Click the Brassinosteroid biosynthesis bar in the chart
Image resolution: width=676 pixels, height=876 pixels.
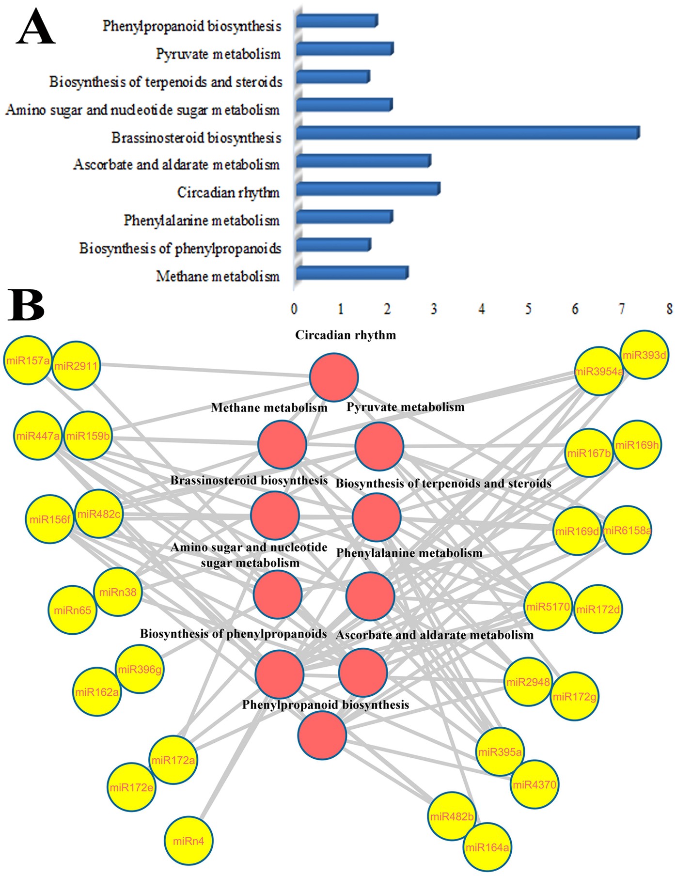point(468,133)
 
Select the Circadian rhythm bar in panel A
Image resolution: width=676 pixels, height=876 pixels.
point(368,189)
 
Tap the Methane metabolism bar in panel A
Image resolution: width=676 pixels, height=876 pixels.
point(352,273)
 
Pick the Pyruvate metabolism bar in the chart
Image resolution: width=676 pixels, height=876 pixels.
point(345,49)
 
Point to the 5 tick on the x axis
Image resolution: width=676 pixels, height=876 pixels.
point(528,309)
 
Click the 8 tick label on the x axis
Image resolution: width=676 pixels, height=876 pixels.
point(669,309)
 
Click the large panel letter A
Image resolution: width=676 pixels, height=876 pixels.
point(35,28)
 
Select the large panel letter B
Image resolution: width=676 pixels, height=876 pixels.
point(27,305)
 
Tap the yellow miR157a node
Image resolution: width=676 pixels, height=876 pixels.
point(28,360)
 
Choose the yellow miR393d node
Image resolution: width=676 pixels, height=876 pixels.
point(644,355)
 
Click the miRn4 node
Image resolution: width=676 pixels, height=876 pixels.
point(189,841)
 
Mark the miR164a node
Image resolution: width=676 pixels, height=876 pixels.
point(487,847)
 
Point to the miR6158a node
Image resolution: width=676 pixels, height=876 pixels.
point(627,531)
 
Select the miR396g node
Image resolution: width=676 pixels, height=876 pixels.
point(140,669)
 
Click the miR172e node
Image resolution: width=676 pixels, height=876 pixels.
point(131,787)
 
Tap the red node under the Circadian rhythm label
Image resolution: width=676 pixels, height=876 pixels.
point(334,377)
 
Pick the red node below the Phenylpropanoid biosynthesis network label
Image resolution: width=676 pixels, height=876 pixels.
point(322,735)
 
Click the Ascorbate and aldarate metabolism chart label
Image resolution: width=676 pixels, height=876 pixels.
point(176,165)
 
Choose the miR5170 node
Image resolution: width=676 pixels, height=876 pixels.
point(548,607)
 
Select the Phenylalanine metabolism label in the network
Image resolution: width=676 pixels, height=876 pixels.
point(409,553)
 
